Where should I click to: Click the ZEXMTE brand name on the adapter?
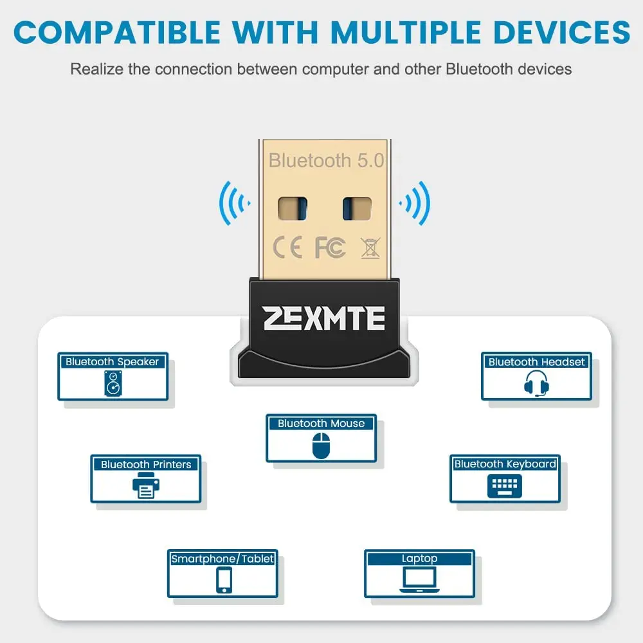coord(323,318)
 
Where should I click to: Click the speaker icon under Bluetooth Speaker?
coord(113,384)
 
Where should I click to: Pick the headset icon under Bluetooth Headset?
coord(536,384)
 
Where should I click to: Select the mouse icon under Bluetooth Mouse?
coord(321,445)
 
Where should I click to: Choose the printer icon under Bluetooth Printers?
coord(145,485)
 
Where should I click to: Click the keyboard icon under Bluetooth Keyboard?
coord(504,485)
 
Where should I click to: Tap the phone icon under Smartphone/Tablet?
coord(223,580)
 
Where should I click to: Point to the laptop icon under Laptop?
coord(419,580)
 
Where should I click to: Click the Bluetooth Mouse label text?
coord(321,423)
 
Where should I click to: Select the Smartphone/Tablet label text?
coord(222,558)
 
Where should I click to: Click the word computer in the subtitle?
coord(335,68)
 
